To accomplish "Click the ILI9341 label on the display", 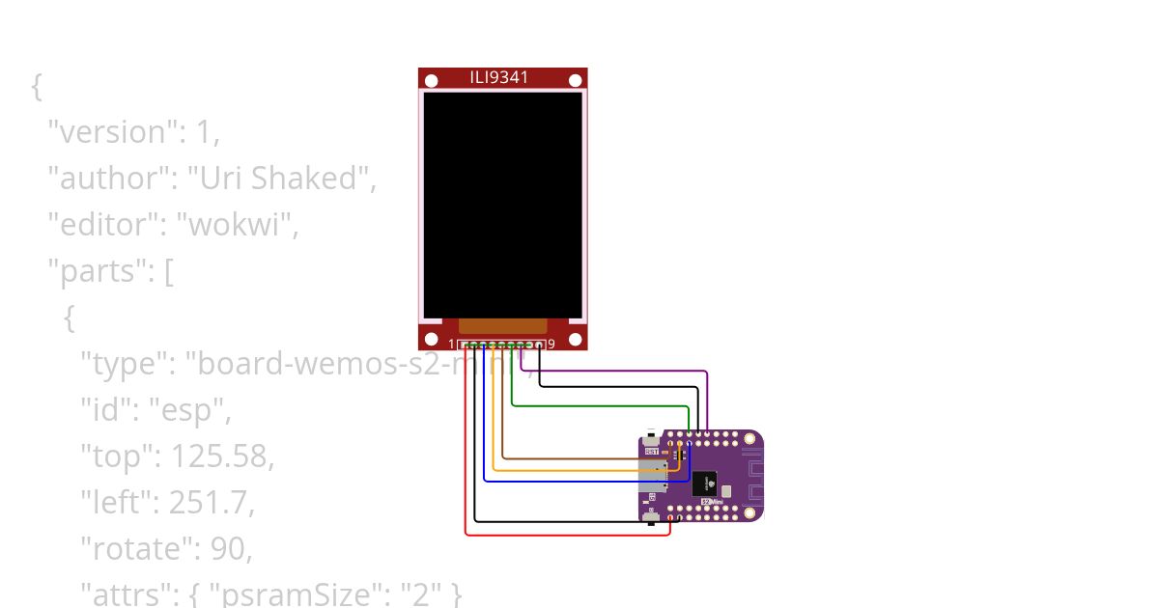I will point(499,77).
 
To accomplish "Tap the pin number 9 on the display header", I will point(551,345).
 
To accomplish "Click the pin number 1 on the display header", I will point(451,345).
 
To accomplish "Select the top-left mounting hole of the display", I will point(428,78).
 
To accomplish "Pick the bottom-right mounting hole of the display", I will point(577,340).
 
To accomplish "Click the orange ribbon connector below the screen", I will point(502,326).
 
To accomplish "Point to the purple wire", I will point(628,371).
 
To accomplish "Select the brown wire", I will point(579,458).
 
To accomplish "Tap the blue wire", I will point(579,481).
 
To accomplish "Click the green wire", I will point(599,405).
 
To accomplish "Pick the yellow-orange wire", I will point(579,470).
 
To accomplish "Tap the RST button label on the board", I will point(652,451).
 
